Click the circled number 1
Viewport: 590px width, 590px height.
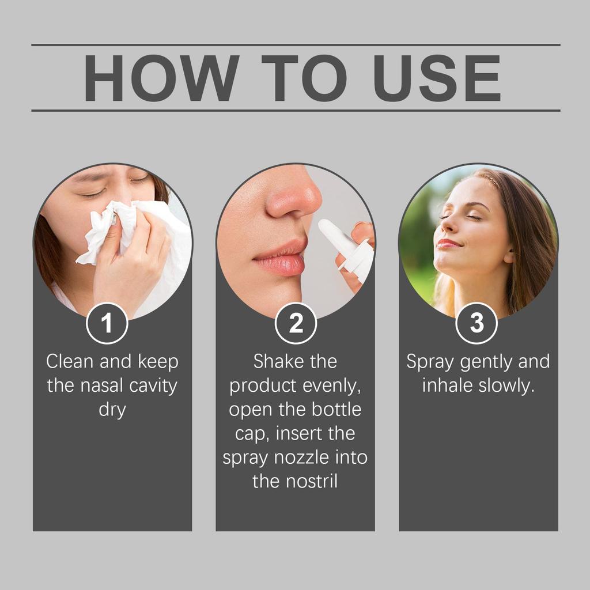coord(107,324)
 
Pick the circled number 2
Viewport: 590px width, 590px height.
coord(296,324)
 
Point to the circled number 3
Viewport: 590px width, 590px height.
coord(476,324)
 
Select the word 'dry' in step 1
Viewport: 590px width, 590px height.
coord(112,411)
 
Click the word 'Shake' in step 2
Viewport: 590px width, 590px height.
coord(274,362)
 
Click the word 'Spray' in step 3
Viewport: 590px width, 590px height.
coord(430,362)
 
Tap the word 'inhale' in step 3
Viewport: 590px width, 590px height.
coord(448,386)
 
